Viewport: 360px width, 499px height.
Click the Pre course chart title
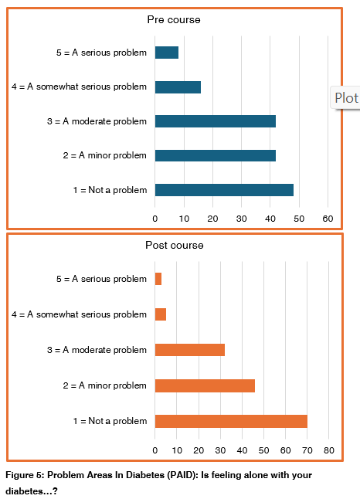[x=174, y=19]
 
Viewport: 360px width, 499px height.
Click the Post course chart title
[x=175, y=245]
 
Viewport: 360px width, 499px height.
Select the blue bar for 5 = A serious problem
[x=167, y=53]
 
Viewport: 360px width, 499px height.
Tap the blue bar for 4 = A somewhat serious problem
[x=178, y=87]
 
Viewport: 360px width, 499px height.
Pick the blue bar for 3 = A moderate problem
[x=216, y=121]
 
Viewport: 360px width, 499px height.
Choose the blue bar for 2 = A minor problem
[x=216, y=155]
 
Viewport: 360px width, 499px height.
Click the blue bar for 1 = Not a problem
[x=224, y=190]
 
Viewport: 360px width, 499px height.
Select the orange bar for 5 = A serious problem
[x=158, y=279]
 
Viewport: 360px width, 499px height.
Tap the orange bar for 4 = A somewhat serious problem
[x=161, y=314]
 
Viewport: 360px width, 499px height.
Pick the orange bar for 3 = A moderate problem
[x=190, y=350]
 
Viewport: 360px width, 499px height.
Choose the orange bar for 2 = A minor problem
[x=205, y=385]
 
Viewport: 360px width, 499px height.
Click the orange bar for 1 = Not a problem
[x=231, y=421]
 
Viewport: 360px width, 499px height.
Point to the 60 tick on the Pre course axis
[x=328, y=219]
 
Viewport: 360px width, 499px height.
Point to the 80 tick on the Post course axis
[x=328, y=450]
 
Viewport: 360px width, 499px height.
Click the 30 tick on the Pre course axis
[x=242, y=219]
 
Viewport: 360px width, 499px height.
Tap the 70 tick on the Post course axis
[x=307, y=450]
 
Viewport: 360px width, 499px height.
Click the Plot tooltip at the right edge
[x=346, y=98]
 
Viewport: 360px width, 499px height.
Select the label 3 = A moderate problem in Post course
[x=97, y=350]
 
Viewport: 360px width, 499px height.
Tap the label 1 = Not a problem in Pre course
[x=109, y=190]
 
